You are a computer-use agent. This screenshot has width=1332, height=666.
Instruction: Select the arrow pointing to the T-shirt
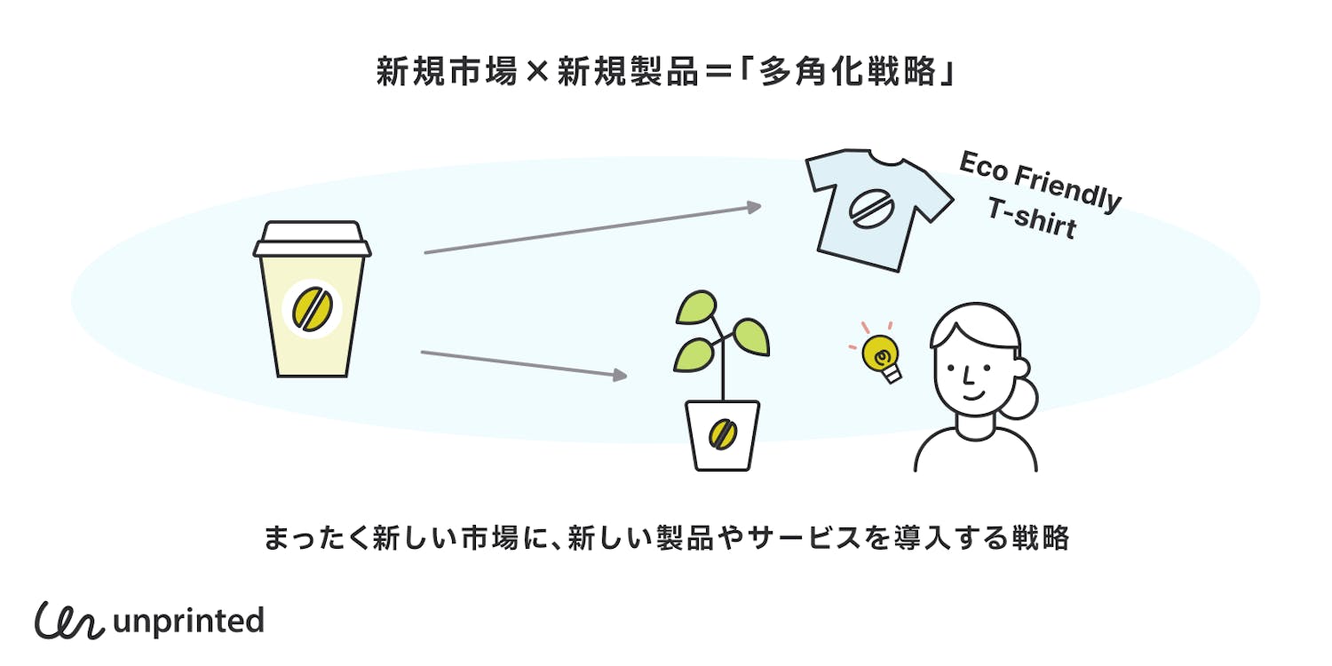coord(592,229)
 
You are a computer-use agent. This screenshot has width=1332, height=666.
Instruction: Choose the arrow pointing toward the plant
coord(524,364)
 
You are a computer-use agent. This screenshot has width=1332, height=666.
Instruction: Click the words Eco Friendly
coord(1040,182)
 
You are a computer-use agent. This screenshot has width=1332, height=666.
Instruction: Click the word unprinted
coord(189,621)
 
